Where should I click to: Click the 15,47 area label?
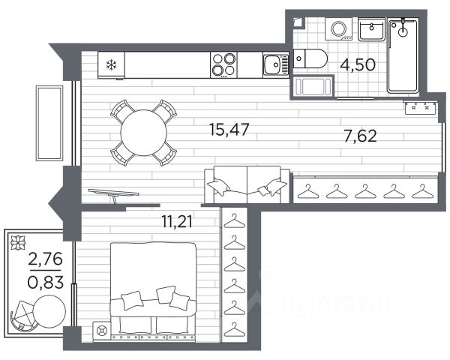point(229,130)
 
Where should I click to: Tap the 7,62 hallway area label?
point(360,136)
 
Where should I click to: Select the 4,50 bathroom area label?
point(358,64)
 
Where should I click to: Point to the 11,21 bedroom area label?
point(177,221)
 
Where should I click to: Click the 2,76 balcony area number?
point(45,259)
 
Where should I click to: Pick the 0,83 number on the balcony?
point(45,282)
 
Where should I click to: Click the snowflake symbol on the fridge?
point(111,65)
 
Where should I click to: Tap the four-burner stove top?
point(223,65)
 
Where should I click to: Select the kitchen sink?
point(276,65)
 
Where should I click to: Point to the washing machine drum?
point(339,28)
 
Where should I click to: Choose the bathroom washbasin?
point(371,29)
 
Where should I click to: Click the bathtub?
point(403,55)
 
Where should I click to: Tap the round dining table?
point(143,133)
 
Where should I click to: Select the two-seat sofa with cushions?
point(247,184)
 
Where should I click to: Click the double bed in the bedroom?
point(153,292)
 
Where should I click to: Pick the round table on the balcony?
point(49,311)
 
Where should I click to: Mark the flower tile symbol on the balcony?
point(18,242)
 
